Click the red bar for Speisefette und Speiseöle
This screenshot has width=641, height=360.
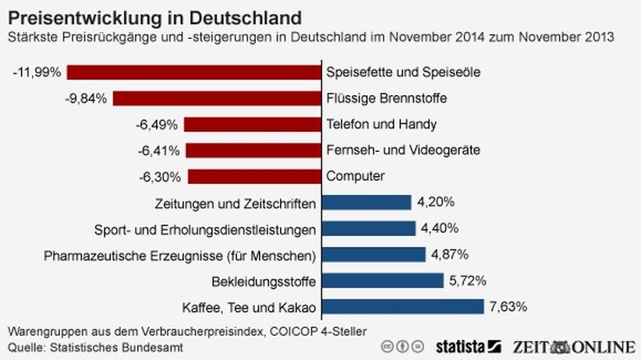click(x=194, y=72)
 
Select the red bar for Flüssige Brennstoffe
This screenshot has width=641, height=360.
click(x=217, y=98)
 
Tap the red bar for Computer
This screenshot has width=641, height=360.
click(x=254, y=176)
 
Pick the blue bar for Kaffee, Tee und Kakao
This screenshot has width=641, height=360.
click(x=402, y=306)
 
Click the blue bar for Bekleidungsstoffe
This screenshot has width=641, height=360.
click(x=382, y=281)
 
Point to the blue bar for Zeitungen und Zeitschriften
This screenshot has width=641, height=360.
click(x=366, y=203)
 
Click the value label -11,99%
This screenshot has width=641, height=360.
click(x=37, y=72)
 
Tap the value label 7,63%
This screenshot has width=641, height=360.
click(x=508, y=306)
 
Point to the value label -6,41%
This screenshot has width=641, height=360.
click(x=159, y=150)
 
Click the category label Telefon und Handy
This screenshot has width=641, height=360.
click(x=370, y=124)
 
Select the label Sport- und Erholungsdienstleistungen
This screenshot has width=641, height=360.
click(x=204, y=229)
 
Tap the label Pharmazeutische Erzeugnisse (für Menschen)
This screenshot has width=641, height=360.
click(x=179, y=255)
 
